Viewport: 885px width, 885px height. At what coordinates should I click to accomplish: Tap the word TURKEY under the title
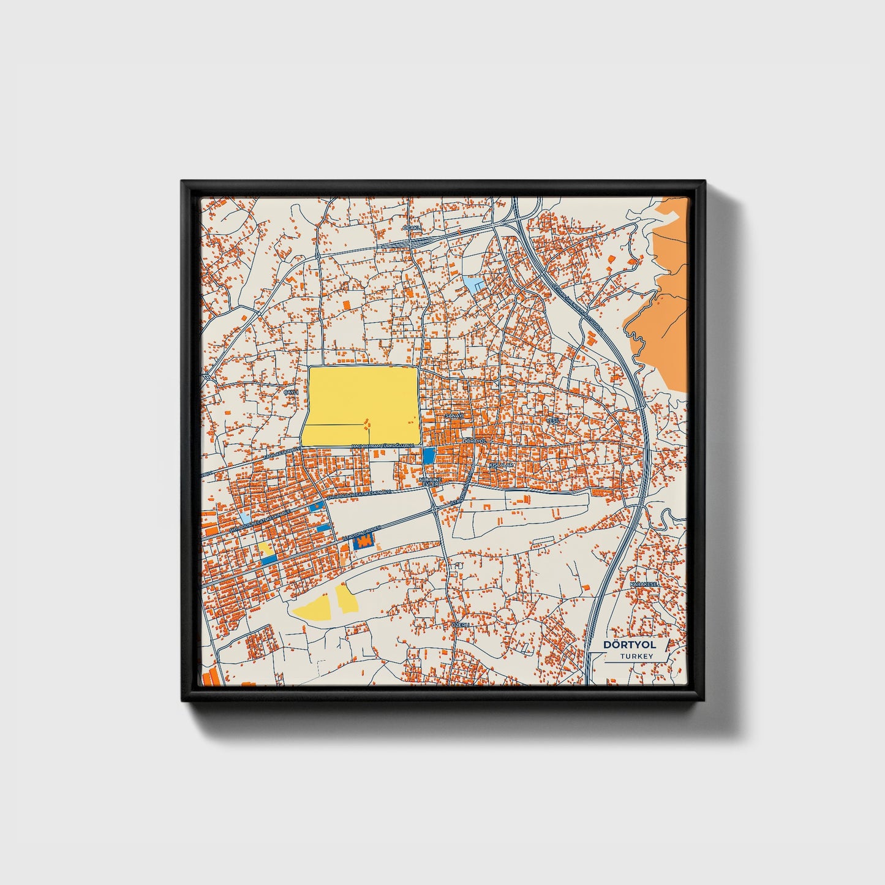click(x=636, y=656)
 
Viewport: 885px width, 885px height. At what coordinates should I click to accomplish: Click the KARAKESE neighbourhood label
click(x=644, y=585)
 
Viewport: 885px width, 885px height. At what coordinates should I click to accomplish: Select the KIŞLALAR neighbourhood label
click(x=500, y=465)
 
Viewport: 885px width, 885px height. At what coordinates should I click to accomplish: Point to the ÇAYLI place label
click(x=290, y=391)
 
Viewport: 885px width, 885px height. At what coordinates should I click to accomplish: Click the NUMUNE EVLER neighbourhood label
click(x=429, y=481)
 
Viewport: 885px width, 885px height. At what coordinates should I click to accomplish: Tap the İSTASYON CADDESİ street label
click(x=364, y=531)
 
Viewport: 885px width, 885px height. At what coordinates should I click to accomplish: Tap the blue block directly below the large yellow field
click(x=429, y=455)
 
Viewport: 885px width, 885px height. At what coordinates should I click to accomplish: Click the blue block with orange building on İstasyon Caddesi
click(x=365, y=541)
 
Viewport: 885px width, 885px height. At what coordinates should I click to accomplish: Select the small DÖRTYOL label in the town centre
click(x=474, y=440)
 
